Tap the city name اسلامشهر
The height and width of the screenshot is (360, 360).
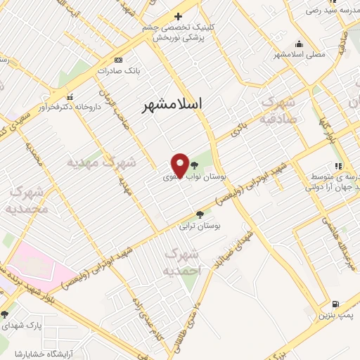point(172,105)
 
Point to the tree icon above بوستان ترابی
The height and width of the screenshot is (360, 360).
point(200,214)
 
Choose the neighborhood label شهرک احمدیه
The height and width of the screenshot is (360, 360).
point(182,262)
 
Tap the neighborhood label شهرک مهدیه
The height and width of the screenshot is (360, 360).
point(101,163)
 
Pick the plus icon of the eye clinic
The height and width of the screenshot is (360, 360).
point(178,16)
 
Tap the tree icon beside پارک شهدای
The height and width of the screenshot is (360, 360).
point(5,314)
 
